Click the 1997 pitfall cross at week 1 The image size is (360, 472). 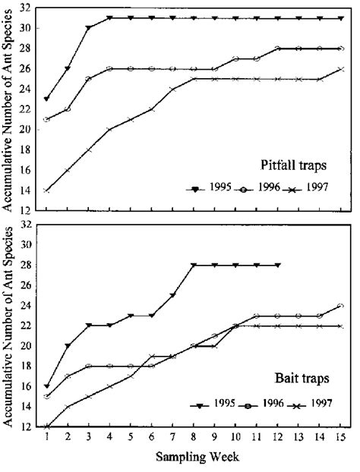47,190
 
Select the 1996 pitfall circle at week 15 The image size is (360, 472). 342,49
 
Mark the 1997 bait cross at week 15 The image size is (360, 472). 342,326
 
